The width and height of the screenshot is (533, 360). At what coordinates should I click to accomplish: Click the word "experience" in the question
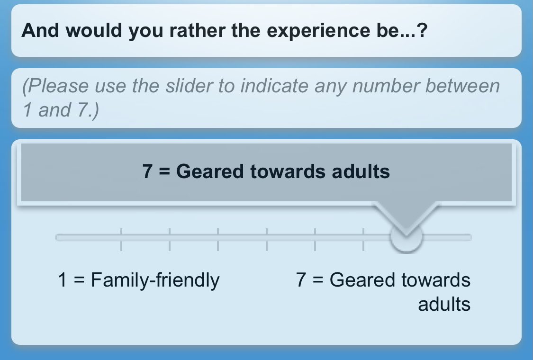click(x=318, y=31)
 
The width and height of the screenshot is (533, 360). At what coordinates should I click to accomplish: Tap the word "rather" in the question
click(x=197, y=30)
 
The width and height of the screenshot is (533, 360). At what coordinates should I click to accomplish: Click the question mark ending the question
click(x=422, y=30)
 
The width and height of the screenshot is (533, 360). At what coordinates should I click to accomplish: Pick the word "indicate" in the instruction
click(x=274, y=86)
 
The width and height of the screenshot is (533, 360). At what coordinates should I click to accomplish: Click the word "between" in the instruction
click(x=462, y=86)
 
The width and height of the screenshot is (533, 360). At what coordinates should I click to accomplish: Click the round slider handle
click(x=406, y=237)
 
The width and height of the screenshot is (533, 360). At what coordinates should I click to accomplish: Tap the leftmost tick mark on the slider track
click(x=121, y=239)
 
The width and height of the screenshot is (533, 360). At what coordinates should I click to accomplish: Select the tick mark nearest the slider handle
click(x=363, y=239)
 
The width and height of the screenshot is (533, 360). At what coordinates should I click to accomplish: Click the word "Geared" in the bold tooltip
click(x=210, y=171)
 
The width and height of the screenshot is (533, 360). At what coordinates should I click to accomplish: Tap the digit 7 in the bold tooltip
click(x=147, y=171)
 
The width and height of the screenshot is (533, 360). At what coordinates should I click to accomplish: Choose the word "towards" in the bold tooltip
click(x=288, y=171)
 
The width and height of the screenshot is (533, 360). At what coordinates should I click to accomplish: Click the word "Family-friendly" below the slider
click(x=155, y=281)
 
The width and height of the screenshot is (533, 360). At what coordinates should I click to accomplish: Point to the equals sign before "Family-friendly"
click(x=79, y=280)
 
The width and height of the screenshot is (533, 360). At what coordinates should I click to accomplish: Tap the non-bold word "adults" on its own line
click(x=444, y=304)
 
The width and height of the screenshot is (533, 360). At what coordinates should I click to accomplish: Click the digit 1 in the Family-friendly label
click(x=62, y=280)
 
